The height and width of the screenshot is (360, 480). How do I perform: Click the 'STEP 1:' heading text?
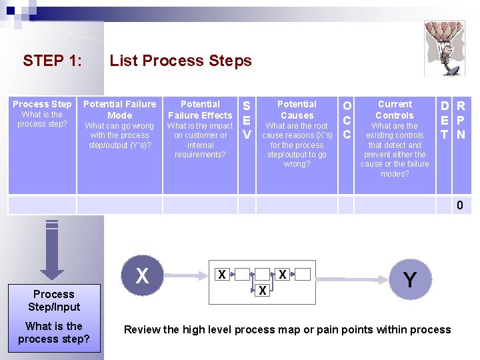coord(53,60)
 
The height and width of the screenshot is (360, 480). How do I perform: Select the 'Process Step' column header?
coord(42,145)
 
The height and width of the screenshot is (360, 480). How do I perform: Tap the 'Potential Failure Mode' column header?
coord(120,145)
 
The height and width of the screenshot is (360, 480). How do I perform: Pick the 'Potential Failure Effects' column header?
coord(200,145)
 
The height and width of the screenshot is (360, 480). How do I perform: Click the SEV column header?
coord(247,145)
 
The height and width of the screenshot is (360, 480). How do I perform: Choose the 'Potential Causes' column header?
coord(297,145)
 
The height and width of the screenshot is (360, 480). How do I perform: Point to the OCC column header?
coord(346,145)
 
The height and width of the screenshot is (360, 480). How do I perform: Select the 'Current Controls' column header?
coord(395,145)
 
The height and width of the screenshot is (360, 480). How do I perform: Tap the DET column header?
coord(444,145)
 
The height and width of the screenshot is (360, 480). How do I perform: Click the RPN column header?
coord(461,145)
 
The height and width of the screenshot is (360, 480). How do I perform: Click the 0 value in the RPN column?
coord(460,205)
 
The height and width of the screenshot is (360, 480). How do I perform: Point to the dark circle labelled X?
coord(143,275)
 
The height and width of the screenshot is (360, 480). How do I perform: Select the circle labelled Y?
coord(410,279)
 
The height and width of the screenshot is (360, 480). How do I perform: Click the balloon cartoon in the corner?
coord(445,49)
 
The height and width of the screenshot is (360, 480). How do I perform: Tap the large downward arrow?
coord(52,249)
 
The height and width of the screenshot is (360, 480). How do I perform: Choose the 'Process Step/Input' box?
coord(54,318)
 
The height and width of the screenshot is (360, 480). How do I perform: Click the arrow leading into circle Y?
coord(352,279)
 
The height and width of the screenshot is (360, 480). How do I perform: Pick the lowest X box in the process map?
coord(263,290)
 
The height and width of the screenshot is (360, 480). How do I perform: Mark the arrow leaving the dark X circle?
coord(186,276)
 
